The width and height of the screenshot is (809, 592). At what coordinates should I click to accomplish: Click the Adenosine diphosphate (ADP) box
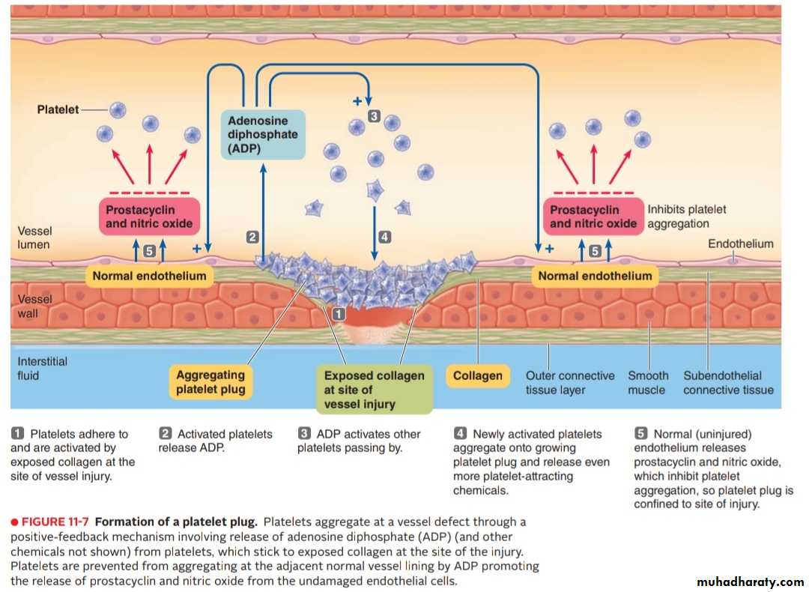[263, 135]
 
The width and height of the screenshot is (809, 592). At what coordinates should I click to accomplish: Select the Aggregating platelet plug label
[210, 381]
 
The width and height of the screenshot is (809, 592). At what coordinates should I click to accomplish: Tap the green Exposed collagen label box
[374, 390]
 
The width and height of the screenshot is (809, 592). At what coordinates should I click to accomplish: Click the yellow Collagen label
[477, 375]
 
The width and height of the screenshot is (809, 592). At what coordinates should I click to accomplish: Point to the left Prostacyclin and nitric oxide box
[149, 217]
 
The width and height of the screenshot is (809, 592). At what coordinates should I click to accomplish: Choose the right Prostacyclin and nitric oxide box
[593, 217]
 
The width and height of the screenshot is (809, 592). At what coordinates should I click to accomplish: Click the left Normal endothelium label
[149, 276]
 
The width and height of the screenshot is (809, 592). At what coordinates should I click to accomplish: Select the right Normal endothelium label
[595, 276]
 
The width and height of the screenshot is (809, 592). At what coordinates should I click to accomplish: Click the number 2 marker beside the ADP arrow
[252, 237]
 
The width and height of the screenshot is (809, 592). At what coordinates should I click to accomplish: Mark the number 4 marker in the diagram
[384, 237]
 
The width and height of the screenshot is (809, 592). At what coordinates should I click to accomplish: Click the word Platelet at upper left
[58, 109]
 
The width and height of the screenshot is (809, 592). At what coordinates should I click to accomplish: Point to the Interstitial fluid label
[42, 368]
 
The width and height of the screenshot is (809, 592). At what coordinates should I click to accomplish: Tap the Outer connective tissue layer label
[569, 382]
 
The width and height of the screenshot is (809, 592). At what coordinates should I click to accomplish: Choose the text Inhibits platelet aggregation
[686, 217]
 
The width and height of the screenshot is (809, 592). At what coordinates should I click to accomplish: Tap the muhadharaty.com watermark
[750, 582]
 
